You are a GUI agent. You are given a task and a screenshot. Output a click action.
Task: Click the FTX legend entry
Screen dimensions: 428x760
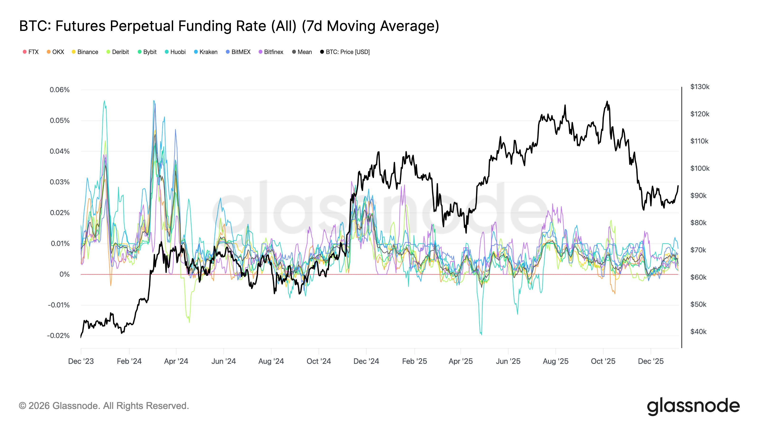point(31,52)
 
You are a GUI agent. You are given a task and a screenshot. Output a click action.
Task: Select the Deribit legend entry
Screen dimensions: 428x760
point(118,52)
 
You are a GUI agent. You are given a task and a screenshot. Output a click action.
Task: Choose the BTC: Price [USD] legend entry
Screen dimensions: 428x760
point(345,52)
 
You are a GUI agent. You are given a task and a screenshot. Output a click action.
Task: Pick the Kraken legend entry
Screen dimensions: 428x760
point(206,52)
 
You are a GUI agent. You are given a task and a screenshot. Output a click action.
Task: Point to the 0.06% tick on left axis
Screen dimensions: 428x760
point(60,90)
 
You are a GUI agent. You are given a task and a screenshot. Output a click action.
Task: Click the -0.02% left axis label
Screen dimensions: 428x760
point(58,336)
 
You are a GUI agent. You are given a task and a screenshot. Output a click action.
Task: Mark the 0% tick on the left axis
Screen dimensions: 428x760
point(65,274)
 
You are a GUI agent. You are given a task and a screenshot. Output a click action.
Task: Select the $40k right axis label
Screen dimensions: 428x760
point(698,332)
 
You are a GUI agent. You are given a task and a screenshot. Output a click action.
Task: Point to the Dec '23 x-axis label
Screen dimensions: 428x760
point(81,361)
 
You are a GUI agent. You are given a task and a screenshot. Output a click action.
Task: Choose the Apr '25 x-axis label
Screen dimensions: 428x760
point(461,361)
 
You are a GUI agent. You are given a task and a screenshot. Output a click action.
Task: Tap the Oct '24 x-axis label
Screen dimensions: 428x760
point(319,361)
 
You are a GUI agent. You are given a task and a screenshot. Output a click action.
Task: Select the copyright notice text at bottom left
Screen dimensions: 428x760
point(104,406)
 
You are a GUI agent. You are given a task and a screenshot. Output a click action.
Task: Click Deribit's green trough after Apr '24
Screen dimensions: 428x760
point(189,322)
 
